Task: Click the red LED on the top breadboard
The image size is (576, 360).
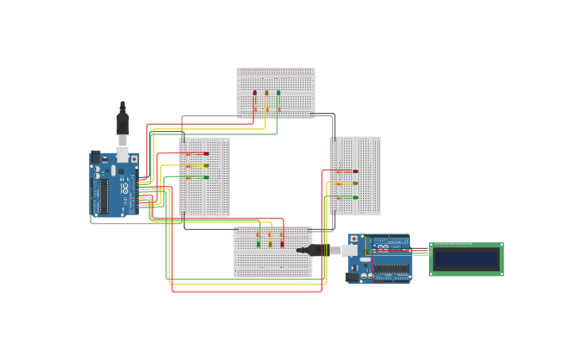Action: [255, 93]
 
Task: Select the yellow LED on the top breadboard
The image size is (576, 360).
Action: [267, 93]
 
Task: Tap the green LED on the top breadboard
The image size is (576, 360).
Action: [278, 93]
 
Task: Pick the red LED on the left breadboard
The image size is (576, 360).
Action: [206, 153]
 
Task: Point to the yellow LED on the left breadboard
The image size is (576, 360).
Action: [206, 165]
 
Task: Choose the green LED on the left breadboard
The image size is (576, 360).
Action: [206, 177]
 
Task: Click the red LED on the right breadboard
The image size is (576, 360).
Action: [355, 171]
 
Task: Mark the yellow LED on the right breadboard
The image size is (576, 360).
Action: [355, 184]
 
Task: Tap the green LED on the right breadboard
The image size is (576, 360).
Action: [355, 197]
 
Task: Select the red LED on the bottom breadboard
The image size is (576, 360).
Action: [281, 244]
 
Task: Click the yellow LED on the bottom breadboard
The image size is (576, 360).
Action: [270, 244]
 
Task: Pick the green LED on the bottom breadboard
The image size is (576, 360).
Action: [258, 244]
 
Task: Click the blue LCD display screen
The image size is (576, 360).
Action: [466, 259]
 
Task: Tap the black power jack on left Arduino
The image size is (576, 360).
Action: [96, 157]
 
